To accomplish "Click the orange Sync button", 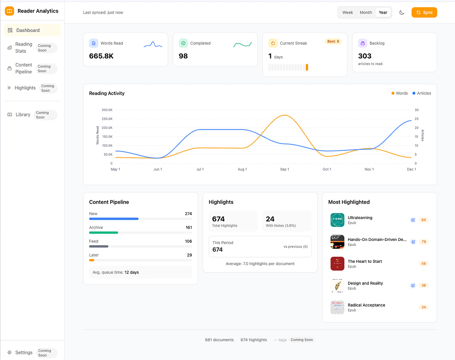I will (x=424, y=12).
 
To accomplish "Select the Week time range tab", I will (x=347, y=12).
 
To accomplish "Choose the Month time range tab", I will (x=366, y=12).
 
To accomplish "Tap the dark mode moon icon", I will (x=402, y=12).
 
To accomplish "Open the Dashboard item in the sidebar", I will (x=28, y=30).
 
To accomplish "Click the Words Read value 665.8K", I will (x=101, y=56).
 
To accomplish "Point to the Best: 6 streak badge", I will (x=333, y=42).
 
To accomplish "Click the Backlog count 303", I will (x=365, y=56).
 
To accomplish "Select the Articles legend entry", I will (x=422, y=93).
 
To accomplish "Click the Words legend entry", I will (x=400, y=93).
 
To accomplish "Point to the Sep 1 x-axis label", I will (x=284, y=169).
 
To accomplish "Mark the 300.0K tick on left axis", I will (x=107, y=110).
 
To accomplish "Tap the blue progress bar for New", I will (x=114, y=219).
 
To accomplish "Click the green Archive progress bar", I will (x=103, y=232).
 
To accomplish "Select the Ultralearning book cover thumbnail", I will (x=337, y=220).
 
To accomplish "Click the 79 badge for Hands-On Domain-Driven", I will (x=423, y=242).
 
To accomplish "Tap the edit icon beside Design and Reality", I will (x=413, y=285).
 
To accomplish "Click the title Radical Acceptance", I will (x=366, y=305).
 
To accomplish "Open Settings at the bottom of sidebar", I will (x=24, y=352).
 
